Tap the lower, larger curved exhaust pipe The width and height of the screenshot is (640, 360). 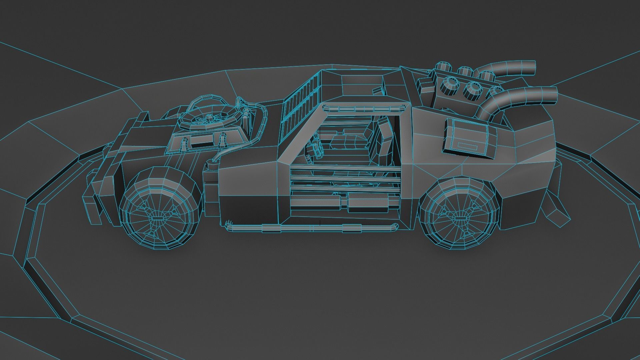520,97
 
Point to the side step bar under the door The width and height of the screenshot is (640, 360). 312,228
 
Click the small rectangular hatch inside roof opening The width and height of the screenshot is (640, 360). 377,91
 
